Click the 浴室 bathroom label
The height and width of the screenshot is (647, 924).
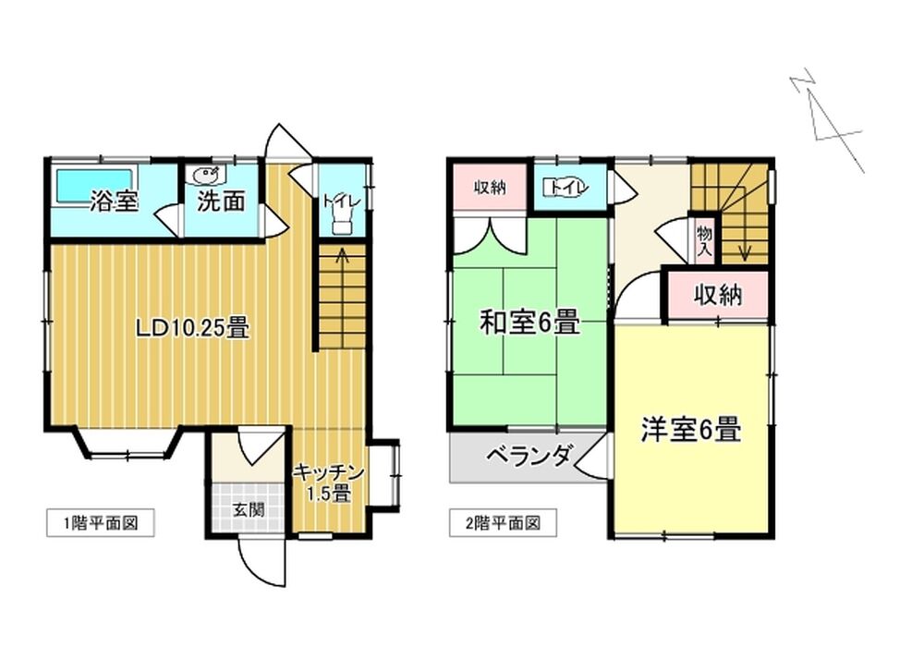click(115, 201)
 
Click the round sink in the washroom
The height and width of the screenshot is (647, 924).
click(206, 175)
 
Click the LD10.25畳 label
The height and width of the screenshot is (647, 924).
click(192, 327)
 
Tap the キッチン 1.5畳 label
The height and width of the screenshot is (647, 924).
click(329, 482)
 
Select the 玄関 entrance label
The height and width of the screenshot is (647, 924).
click(248, 509)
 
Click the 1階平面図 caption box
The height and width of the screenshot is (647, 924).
click(101, 522)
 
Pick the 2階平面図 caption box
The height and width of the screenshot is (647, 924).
click(503, 522)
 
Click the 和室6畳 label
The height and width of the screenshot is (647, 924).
click(529, 322)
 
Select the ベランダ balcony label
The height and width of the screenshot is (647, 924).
click(529, 456)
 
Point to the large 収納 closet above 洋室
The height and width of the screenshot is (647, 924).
click(718, 295)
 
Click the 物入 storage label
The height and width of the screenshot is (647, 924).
click(704, 240)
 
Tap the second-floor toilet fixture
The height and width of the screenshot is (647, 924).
click(565, 188)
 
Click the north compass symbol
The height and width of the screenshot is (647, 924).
click(827, 121)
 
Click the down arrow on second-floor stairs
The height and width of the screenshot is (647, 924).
click(745, 233)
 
